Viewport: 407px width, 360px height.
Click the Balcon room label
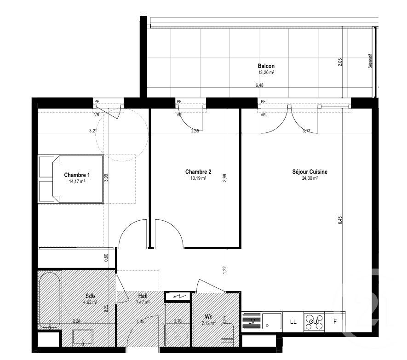(x=266, y=66)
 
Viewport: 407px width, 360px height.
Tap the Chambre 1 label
(x=77, y=175)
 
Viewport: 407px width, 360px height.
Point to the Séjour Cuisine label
(x=310, y=172)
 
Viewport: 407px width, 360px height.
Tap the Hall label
(x=143, y=297)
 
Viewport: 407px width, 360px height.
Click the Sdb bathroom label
(x=90, y=297)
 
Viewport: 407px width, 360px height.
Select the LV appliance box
(x=252, y=321)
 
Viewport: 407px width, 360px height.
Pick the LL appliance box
(x=293, y=321)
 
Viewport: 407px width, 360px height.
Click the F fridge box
(x=334, y=321)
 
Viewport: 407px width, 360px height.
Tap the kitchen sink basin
(x=271, y=321)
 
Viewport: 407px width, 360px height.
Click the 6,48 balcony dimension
(x=260, y=85)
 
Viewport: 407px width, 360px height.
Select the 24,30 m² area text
(x=310, y=178)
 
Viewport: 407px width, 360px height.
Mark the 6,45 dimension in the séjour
(x=340, y=220)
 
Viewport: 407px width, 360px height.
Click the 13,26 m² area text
(x=266, y=72)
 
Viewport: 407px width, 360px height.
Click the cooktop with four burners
(x=314, y=321)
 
